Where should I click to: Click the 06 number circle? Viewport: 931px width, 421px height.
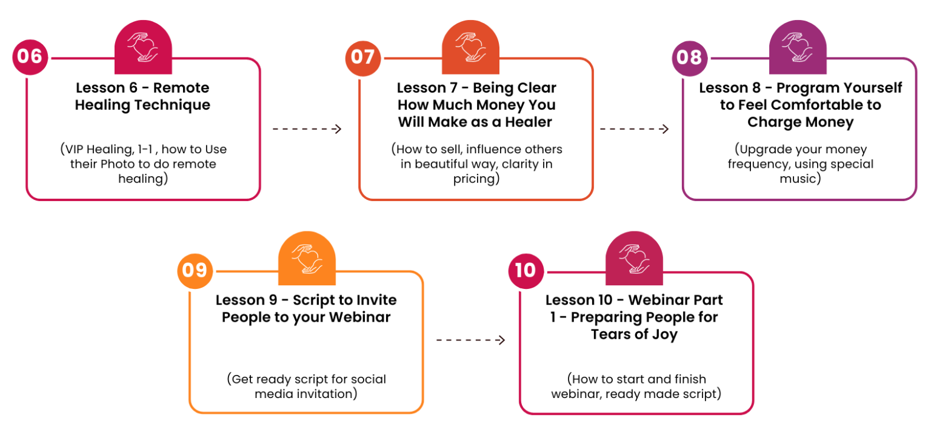point(30,57)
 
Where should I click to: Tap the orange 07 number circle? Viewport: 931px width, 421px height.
point(363,58)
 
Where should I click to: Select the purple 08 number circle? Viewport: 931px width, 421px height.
point(690,58)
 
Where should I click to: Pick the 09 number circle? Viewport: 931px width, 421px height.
point(195,271)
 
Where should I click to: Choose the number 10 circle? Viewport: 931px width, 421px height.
point(526,271)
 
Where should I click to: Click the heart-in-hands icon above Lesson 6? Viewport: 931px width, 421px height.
point(143,47)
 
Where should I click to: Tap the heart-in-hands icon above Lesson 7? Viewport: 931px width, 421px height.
point(470,47)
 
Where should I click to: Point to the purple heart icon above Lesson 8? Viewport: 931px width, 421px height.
point(798,47)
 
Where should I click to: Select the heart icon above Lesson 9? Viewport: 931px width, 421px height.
point(307,259)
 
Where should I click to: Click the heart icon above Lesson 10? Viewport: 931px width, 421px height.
point(634,259)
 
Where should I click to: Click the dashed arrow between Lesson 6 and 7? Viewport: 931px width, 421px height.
point(307,129)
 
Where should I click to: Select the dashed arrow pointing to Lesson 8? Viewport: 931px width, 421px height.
point(634,129)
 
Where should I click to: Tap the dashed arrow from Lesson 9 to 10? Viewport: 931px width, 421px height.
point(470,340)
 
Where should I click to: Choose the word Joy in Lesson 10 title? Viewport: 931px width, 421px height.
point(665,334)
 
